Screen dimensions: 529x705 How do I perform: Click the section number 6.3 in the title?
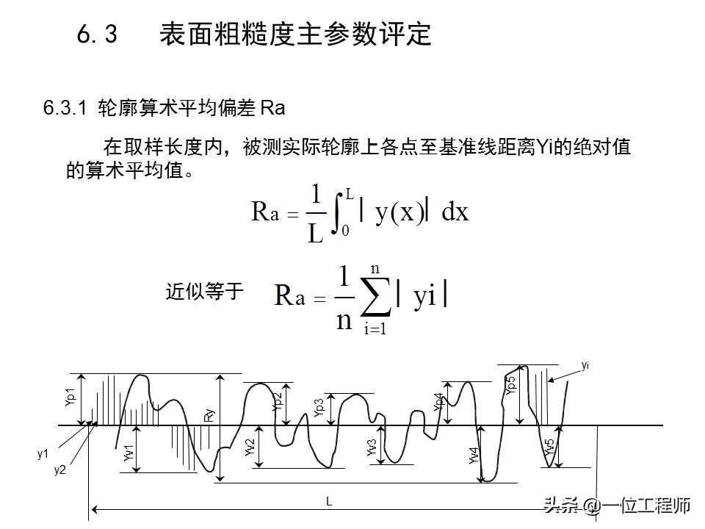(x=97, y=35)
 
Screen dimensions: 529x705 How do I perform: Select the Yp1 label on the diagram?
(x=70, y=397)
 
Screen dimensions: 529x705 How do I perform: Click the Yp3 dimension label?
(x=319, y=409)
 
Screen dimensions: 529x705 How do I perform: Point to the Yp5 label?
(x=511, y=385)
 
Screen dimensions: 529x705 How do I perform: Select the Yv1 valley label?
(x=129, y=454)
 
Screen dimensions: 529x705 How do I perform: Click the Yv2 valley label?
(x=250, y=447)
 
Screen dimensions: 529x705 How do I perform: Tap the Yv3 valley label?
(x=372, y=447)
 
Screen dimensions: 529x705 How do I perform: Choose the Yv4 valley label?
(x=474, y=456)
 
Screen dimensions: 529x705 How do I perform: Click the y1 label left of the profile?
(x=43, y=454)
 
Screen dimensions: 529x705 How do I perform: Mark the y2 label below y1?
(x=59, y=470)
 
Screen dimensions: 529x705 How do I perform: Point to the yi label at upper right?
(x=585, y=365)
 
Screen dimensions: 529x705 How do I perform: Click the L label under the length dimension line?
(x=329, y=501)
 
